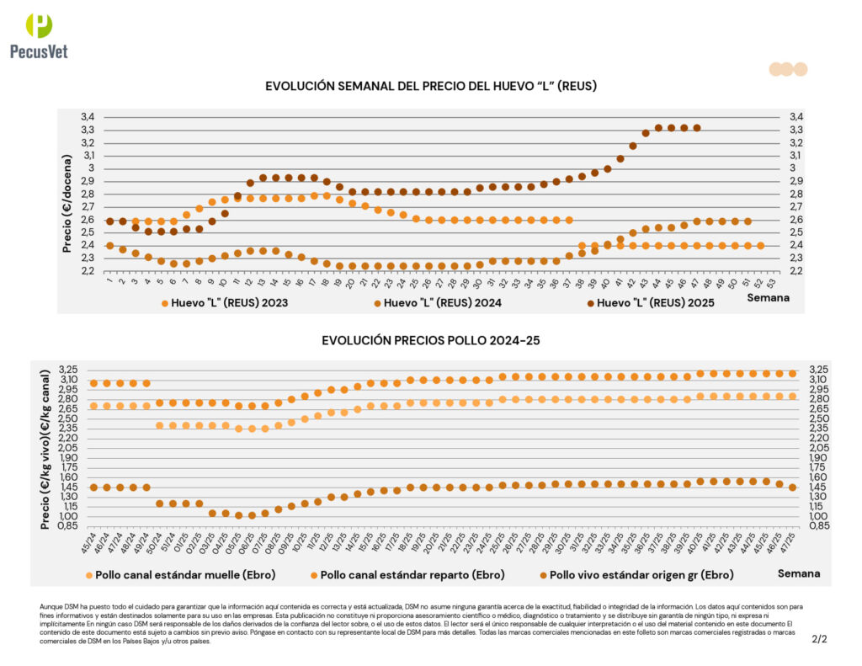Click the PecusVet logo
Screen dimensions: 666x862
click(x=39, y=35)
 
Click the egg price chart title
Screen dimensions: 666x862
click(x=431, y=87)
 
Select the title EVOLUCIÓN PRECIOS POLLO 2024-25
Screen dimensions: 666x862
click(x=430, y=340)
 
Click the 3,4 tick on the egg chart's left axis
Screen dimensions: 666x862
click(x=88, y=117)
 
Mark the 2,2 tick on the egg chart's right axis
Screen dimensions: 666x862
click(x=795, y=270)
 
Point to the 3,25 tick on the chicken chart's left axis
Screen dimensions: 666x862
click(x=67, y=370)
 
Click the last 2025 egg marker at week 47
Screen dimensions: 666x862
click(x=696, y=128)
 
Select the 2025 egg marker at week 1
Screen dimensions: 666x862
click(x=109, y=221)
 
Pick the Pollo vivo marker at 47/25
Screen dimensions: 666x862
click(x=792, y=488)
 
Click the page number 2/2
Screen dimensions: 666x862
click(x=819, y=639)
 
